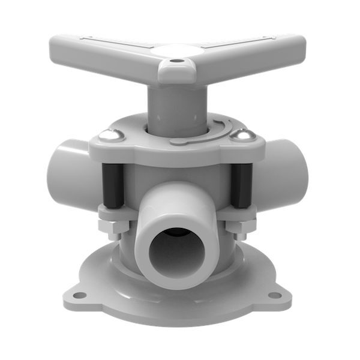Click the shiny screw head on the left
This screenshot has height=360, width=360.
coord(109,136)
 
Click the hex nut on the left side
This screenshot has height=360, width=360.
coord(113,227)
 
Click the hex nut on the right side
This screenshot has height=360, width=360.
coord(240,227)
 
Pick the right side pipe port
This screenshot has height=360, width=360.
coord(288,168)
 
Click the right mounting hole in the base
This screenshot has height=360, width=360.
coord(274,295)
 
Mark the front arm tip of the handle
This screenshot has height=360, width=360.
coord(176,75)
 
